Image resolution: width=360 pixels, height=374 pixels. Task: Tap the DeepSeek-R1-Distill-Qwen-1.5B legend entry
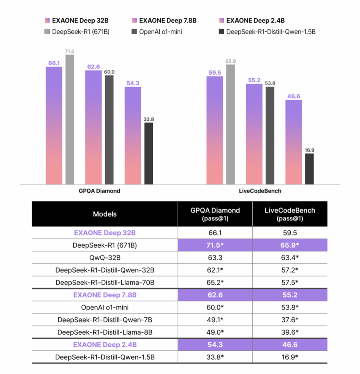tap(266, 32)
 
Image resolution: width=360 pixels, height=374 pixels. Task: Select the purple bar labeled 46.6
tap(294, 142)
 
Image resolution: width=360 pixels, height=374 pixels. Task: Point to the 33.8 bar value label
tap(149, 119)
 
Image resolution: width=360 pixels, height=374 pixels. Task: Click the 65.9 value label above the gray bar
tap(230, 61)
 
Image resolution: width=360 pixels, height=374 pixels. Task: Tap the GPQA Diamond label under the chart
tap(99, 191)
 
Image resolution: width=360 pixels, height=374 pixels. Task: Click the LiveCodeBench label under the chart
tap(260, 191)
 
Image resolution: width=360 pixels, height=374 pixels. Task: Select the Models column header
tap(105, 214)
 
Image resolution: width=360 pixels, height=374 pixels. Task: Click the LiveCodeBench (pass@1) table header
tap(290, 214)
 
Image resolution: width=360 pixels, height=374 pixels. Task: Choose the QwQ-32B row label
tap(105, 257)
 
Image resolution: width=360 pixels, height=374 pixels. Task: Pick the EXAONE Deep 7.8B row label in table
tap(105, 295)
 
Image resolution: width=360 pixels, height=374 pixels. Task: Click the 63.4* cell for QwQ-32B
tap(290, 257)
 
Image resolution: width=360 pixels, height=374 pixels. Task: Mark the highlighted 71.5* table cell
tap(215, 245)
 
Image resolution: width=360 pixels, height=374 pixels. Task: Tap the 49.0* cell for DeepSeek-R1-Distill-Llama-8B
tap(215, 332)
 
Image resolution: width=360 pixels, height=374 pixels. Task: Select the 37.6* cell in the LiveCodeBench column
tap(290, 320)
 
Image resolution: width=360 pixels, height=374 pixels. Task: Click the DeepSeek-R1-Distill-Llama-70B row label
tap(105, 282)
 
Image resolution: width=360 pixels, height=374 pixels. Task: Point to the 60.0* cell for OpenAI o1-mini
tap(215, 307)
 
